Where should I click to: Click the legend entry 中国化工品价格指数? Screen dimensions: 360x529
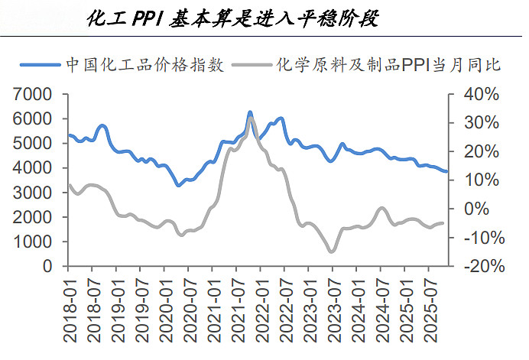(x=145, y=64)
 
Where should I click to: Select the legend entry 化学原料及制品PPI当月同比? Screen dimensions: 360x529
(x=388, y=64)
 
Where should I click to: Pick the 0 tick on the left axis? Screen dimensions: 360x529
(x=47, y=266)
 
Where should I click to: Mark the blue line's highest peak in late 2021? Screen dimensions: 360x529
(x=250, y=112)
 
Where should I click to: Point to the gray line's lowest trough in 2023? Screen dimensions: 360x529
(x=331, y=251)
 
